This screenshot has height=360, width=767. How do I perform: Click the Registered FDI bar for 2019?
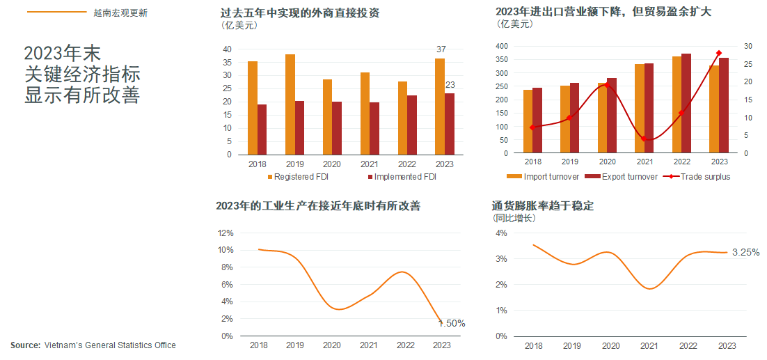(x=290, y=104)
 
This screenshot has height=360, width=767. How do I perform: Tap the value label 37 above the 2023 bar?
(x=441, y=49)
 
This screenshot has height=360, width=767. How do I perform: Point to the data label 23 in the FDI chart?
(x=450, y=85)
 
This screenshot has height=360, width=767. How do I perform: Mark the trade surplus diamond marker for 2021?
(x=645, y=139)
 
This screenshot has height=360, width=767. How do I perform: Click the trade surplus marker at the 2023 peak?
(x=719, y=53)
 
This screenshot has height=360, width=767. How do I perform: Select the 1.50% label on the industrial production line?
(x=452, y=324)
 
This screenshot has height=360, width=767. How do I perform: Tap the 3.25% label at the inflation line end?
(x=745, y=252)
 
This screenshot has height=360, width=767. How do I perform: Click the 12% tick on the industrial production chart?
(x=226, y=233)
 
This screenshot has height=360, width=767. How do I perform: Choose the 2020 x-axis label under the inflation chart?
(x=610, y=346)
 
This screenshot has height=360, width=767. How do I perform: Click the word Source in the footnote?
(x=25, y=345)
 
